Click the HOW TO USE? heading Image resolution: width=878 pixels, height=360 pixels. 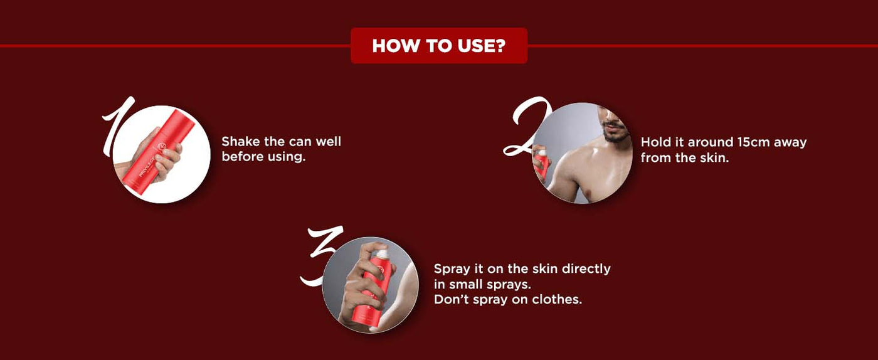[x=438, y=46]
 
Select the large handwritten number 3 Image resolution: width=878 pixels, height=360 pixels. [x=321, y=255]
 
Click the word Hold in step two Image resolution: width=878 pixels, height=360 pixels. [x=653, y=142]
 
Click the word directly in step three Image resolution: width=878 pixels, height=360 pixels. [x=586, y=270]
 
